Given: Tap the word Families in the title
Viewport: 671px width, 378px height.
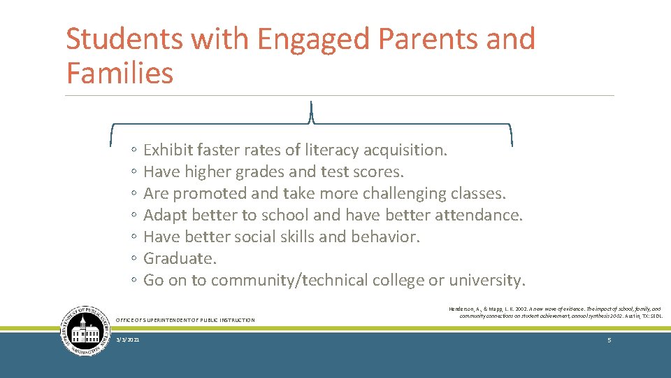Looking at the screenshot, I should [120, 72].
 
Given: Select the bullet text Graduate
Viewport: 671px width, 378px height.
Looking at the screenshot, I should [180, 258].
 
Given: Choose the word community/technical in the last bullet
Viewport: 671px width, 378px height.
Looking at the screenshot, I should [289, 280].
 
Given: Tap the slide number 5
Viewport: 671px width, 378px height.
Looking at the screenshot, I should [609, 339].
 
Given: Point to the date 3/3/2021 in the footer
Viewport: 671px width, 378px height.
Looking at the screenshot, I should [127, 339].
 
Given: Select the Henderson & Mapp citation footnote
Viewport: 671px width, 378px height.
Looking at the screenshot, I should [555, 312].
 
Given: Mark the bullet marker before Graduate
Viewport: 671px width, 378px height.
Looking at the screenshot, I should [133, 259].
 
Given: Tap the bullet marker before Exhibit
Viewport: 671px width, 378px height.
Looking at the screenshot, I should [133, 150].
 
